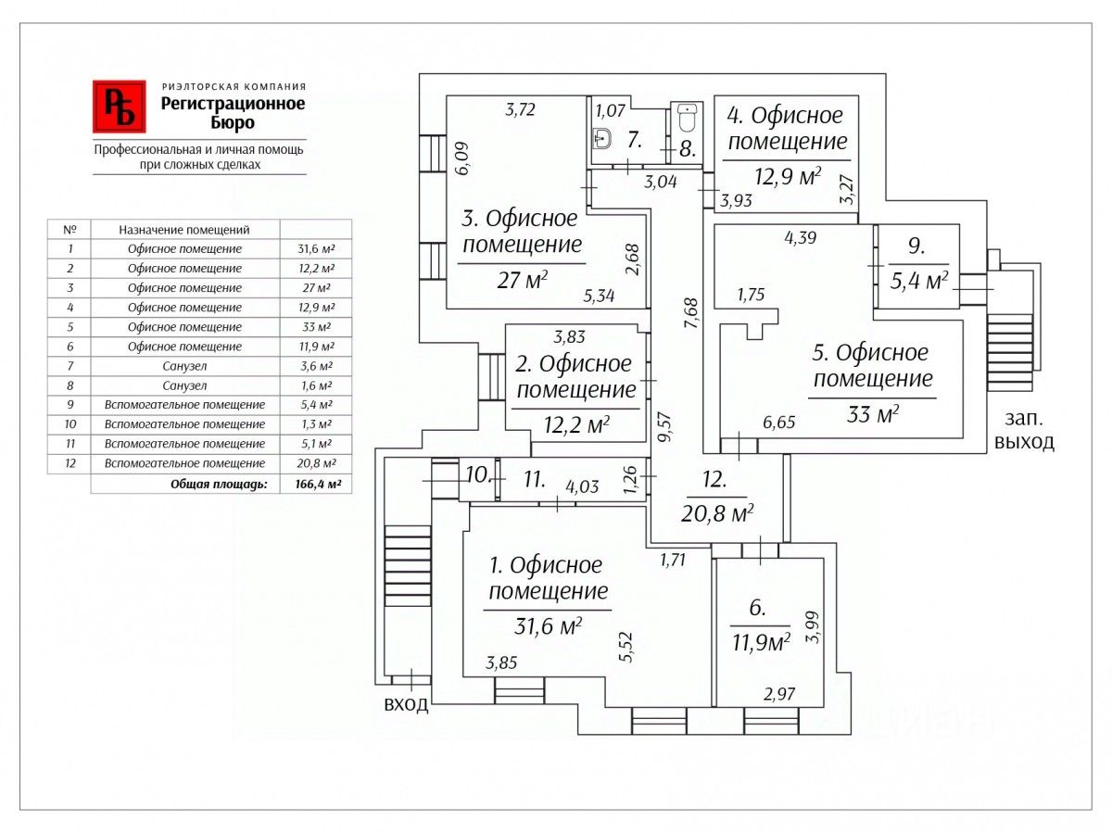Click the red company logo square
[x=119, y=107]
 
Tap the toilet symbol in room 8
[x=686, y=118]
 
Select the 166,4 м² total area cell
[x=315, y=484]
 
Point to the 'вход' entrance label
[x=406, y=705]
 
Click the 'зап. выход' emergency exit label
[x=1023, y=431]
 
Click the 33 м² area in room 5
[x=872, y=413]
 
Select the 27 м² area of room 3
[x=523, y=279]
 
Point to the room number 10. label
[x=477, y=476]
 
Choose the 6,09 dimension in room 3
[x=463, y=157]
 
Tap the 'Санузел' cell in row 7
[x=184, y=366]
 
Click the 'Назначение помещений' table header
[x=184, y=230]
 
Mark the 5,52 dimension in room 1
[x=628, y=647]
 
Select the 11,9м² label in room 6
[x=761, y=642]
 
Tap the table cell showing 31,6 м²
[x=315, y=249]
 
